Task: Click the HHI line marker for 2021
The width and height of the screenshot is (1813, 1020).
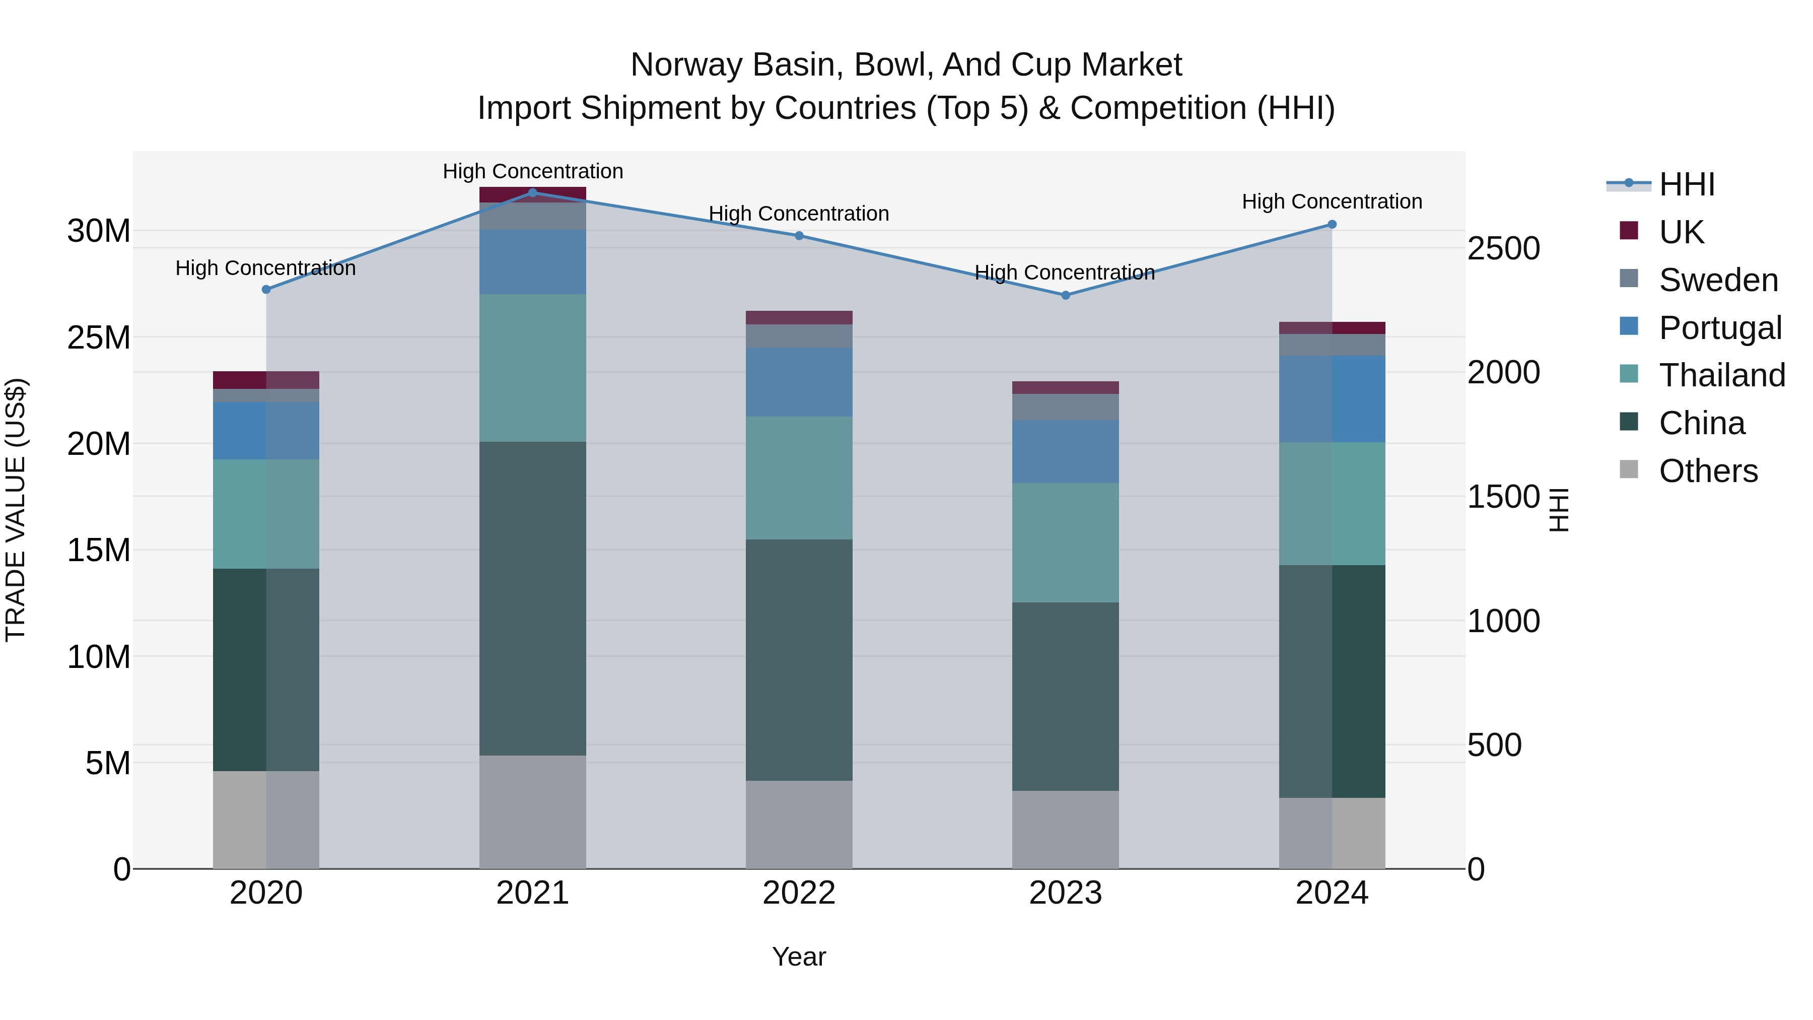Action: click(533, 192)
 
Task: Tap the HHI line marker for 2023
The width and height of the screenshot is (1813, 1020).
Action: click(1066, 295)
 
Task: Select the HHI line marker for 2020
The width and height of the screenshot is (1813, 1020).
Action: click(266, 289)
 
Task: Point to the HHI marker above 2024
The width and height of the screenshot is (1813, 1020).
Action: click(1332, 225)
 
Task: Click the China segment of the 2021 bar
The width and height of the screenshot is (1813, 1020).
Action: click(533, 598)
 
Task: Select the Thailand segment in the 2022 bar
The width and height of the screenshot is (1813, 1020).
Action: click(799, 478)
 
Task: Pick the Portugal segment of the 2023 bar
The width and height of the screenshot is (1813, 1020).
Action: click(1066, 451)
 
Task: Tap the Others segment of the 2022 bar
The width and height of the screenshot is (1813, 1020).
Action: click(799, 824)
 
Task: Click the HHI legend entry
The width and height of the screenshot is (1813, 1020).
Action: click(1686, 184)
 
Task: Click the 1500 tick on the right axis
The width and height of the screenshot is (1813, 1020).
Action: click(1503, 497)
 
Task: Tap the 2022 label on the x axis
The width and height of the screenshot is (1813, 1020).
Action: click(799, 893)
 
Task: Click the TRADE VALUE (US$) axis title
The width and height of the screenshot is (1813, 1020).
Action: click(16, 510)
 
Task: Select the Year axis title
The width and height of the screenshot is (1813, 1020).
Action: click(799, 957)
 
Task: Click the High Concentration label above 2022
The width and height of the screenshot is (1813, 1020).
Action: click(799, 213)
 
